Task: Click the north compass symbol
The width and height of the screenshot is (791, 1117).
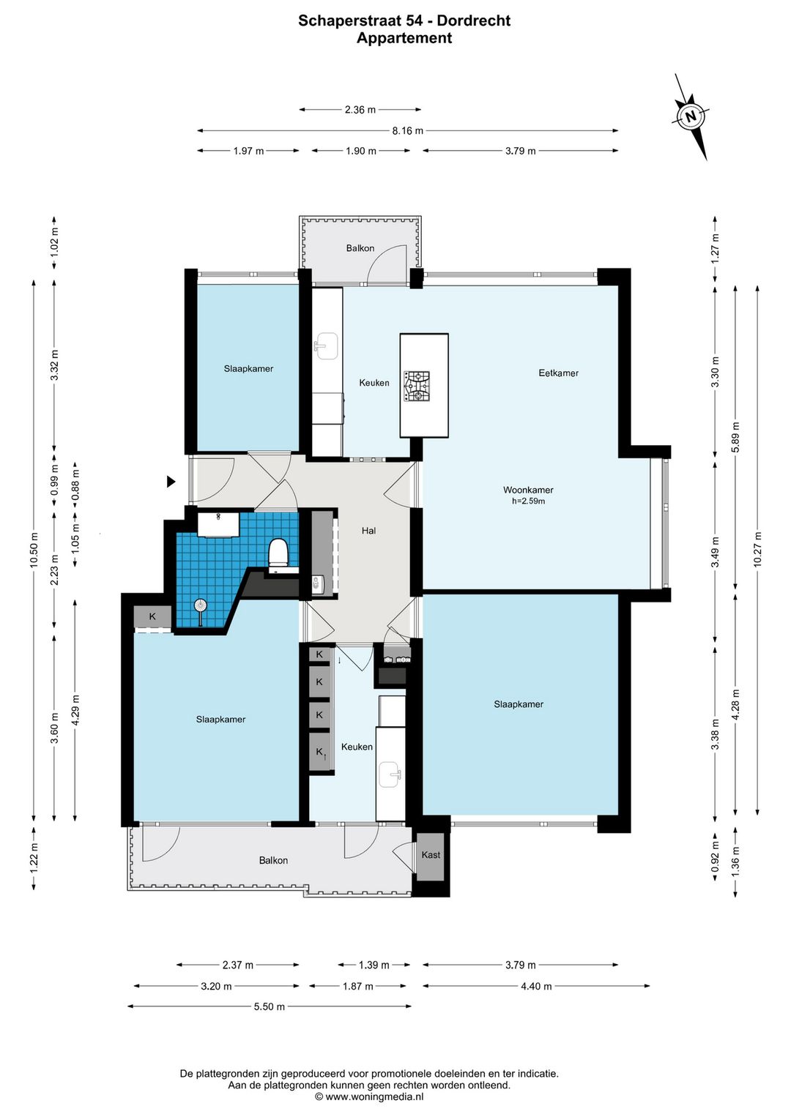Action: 691,117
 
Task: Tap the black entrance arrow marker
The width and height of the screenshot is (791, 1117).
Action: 171,482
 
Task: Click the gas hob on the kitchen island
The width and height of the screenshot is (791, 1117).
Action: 417,386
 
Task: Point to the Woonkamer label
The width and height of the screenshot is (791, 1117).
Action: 528,490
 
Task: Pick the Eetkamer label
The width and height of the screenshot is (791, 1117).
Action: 558,373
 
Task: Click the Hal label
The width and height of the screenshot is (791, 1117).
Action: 369,531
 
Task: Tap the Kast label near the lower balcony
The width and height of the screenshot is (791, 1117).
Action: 431,855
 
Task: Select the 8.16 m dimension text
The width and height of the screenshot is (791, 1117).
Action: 408,130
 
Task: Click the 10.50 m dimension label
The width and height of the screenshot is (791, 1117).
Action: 34,550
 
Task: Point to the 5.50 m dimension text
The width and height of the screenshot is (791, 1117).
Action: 270,1006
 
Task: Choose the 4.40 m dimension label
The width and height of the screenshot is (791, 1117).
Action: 536,986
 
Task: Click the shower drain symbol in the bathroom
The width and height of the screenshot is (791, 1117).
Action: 200,605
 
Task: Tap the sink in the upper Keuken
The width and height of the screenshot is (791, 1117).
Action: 327,346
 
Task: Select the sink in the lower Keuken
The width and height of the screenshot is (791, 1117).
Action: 391,775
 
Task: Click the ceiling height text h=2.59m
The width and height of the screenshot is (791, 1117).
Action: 529,501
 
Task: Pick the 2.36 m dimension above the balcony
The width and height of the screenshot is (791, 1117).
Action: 360,110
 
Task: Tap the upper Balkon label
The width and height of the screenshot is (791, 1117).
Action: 360,248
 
